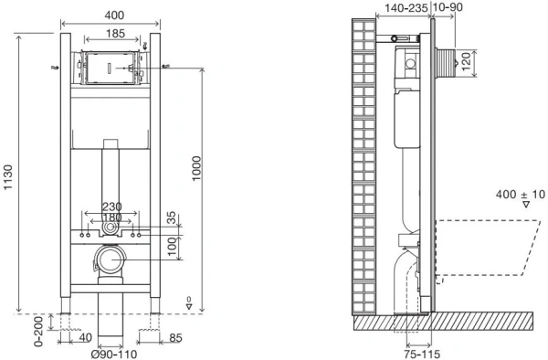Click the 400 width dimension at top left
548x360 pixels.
point(114,15)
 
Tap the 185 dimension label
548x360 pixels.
point(115,34)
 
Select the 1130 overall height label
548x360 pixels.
point(7,177)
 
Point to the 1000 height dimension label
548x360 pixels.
point(196,168)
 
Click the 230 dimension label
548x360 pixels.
point(111,206)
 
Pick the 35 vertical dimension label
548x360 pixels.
point(172,218)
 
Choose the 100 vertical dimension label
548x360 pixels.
point(172,247)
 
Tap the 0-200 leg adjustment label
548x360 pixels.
point(38,332)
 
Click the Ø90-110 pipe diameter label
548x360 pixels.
point(114,354)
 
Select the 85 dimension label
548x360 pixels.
point(175,338)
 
